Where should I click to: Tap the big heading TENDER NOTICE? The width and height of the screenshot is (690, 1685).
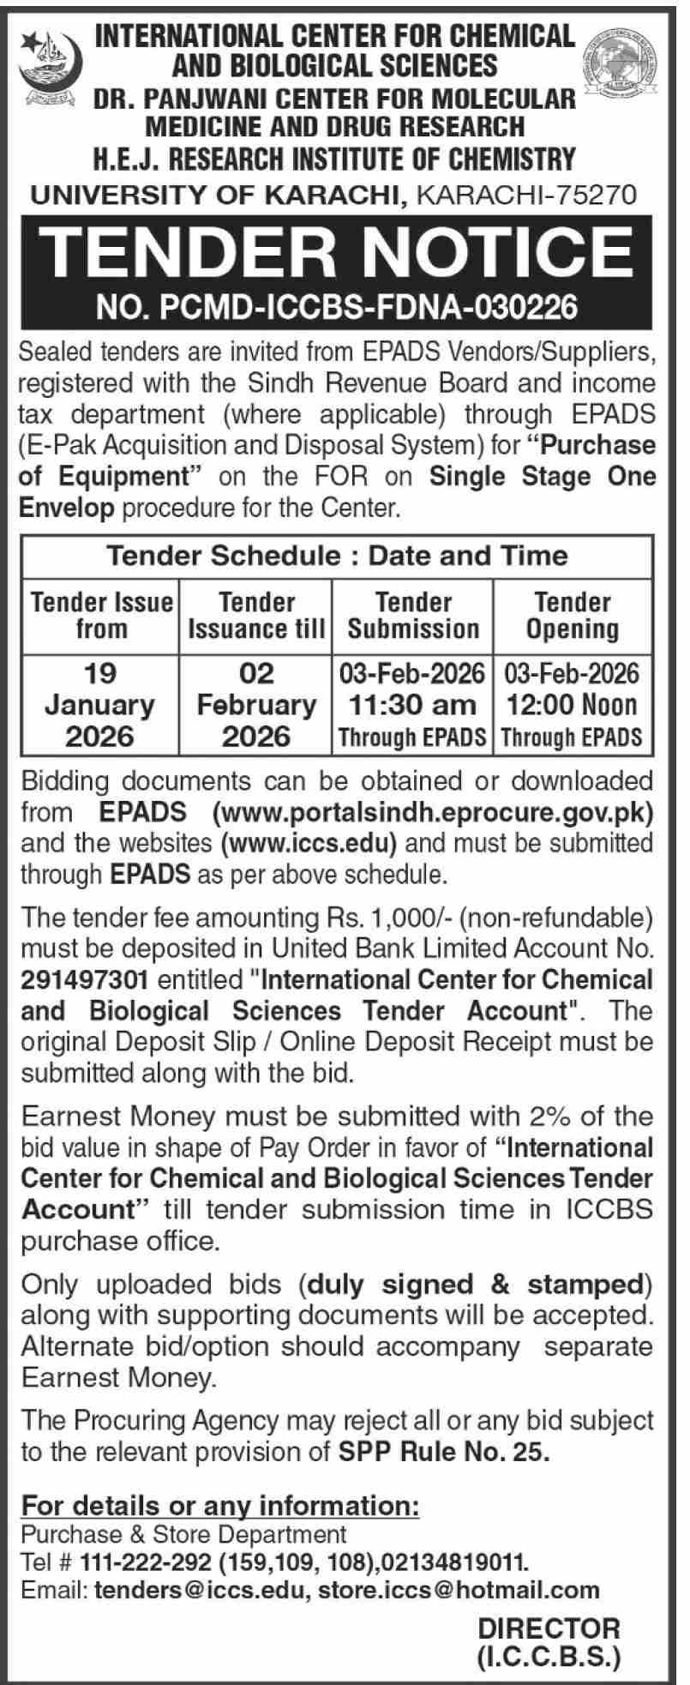tap(340, 252)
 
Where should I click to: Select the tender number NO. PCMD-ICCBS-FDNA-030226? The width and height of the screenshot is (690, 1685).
tap(341, 307)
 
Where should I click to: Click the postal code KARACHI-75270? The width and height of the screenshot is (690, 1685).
tap(526, 196)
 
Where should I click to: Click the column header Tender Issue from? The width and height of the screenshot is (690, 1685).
tap(101, 615)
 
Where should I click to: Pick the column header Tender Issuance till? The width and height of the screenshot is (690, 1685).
tap(256, 615)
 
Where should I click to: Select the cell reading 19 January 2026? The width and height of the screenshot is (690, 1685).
tap(100, 704)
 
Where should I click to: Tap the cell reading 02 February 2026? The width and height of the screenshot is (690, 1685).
tap(256, 704)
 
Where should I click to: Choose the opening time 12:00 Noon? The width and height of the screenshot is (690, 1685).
tap(572, 705)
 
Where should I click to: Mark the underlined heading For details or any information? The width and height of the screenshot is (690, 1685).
tap(220, 1505)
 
